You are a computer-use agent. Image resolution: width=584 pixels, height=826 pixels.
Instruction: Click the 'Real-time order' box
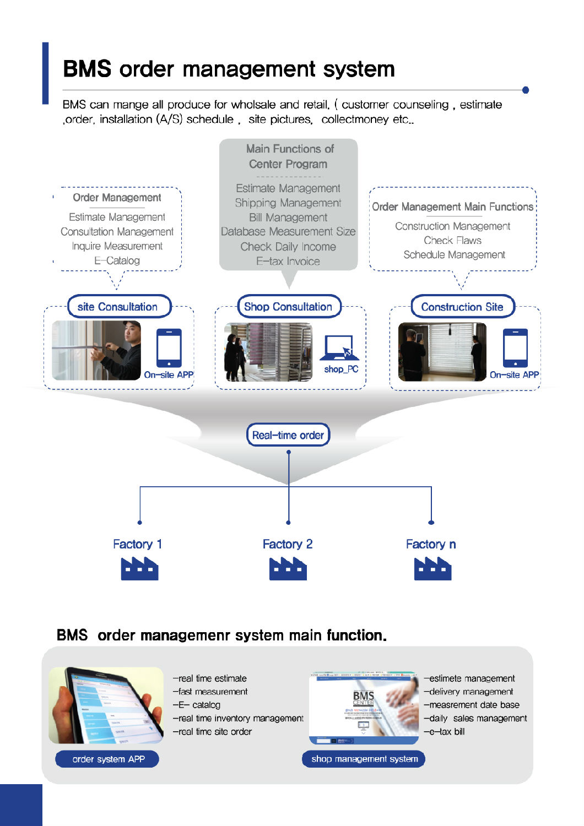click(288, 435)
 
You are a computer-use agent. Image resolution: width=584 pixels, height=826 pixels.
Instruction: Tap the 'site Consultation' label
click(117, 307)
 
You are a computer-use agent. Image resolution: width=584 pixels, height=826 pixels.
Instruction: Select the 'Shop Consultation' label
click(288, 307)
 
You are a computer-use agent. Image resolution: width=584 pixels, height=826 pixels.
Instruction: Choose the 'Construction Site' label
click(462, 307)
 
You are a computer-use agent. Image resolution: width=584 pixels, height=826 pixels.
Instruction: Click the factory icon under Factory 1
click(139, 569)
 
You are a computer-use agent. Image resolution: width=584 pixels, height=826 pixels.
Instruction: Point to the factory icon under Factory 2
click(288, 569)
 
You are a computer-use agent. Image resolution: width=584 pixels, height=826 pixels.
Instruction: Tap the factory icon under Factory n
click(432, 569)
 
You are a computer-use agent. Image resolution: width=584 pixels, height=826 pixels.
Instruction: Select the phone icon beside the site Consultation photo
click(169, 348)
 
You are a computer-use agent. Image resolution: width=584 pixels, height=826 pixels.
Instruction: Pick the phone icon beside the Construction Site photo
click(515, 348)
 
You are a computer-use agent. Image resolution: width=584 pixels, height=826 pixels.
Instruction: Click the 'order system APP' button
click(108, 759)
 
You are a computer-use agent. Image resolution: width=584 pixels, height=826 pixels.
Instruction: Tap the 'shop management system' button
click(364, 759)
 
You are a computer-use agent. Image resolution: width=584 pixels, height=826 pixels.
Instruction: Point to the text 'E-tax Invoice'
click(288, 261)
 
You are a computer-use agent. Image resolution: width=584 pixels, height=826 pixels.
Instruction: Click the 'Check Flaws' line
click(452, 240)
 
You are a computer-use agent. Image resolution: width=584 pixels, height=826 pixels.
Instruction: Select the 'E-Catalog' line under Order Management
click(117, 260)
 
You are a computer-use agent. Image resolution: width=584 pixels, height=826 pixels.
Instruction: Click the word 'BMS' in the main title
click(87, 69)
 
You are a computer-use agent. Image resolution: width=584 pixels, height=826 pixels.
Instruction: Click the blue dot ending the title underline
click(525, 90)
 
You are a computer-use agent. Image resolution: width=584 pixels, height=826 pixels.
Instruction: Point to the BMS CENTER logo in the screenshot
click(363, 698)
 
